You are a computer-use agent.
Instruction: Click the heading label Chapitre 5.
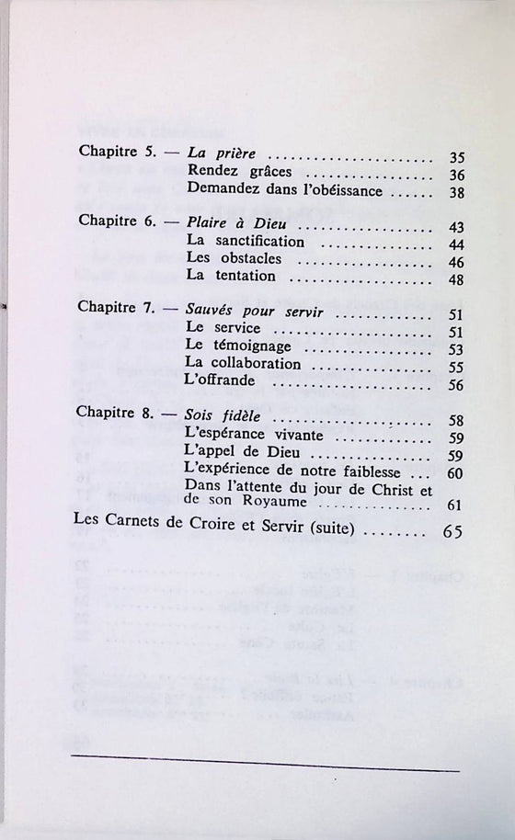coord(120,155)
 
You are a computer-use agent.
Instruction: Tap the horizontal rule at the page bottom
coord(264,758)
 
